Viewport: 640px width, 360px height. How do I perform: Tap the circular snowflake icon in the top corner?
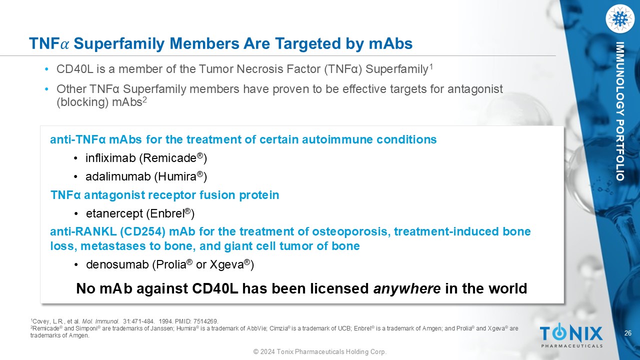coord(619,19)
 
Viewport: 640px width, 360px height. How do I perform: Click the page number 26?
coord(628,333)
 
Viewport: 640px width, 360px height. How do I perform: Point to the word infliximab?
coord(110,158)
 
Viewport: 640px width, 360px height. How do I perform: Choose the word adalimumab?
coord(118,176)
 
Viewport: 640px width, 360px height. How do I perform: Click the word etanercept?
coord(114,213)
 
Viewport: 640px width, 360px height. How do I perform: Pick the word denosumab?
coord(117,264)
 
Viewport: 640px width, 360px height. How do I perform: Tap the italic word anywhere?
coord(407,288)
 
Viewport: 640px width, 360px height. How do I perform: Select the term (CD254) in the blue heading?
coord(142,231)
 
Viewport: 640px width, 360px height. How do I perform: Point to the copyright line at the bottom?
coord(320,351)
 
